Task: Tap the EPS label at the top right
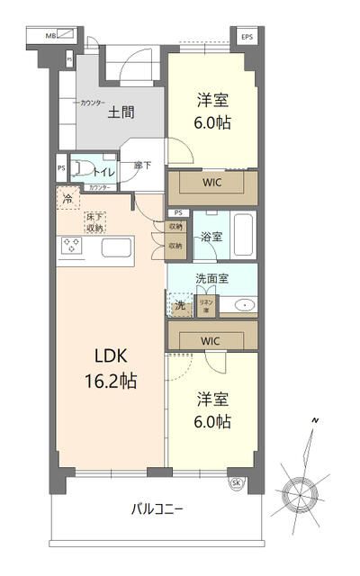pyautogui.click(x=247, y=37)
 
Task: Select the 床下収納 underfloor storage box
pyautogui.click(x=95, y=222)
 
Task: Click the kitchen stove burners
pyautogui.click(x=72, y=246)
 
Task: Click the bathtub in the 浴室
pyautogui.click(x=243, y=236)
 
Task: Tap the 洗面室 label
pyautogui.click(x=212, y=278)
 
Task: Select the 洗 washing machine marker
pyautogui.click(x=179, y=305)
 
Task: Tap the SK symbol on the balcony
pyautogui.click(x=237, y=482)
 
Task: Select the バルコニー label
pyautogui.click(x=157, y=509)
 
